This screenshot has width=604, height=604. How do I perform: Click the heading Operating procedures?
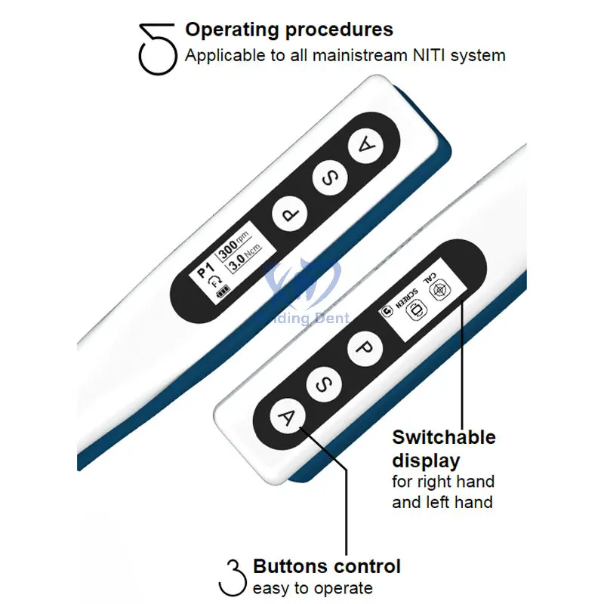click(289, 30)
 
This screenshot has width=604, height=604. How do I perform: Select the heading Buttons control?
click(326, 566)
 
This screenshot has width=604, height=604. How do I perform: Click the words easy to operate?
click(313, 588)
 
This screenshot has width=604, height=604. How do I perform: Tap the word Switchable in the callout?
click(444, 438)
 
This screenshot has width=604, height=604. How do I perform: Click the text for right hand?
click(443, 482)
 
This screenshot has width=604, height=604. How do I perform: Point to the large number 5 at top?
click(157, 48)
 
